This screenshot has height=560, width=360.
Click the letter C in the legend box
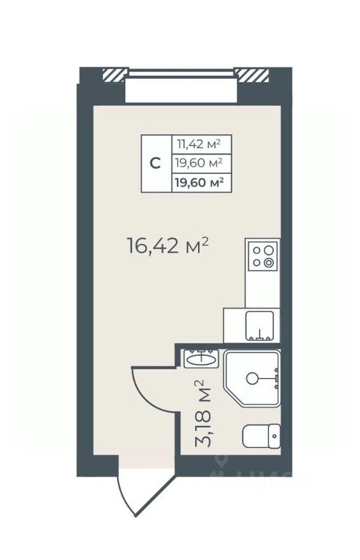click(155, 163)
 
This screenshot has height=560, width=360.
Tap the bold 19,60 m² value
click(200, 183)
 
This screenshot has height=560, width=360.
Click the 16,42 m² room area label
click(168, 246)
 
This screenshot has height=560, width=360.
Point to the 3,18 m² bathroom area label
click(202, 414)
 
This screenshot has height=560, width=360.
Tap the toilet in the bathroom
click(261, 436)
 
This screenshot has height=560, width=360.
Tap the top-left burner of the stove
click(256, 250)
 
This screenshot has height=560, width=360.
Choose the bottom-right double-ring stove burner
click(270, 262)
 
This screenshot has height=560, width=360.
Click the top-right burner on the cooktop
click(270, 250)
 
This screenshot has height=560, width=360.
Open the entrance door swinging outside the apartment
click(135, 493)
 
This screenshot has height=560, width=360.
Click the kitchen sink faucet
click(261, 335)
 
